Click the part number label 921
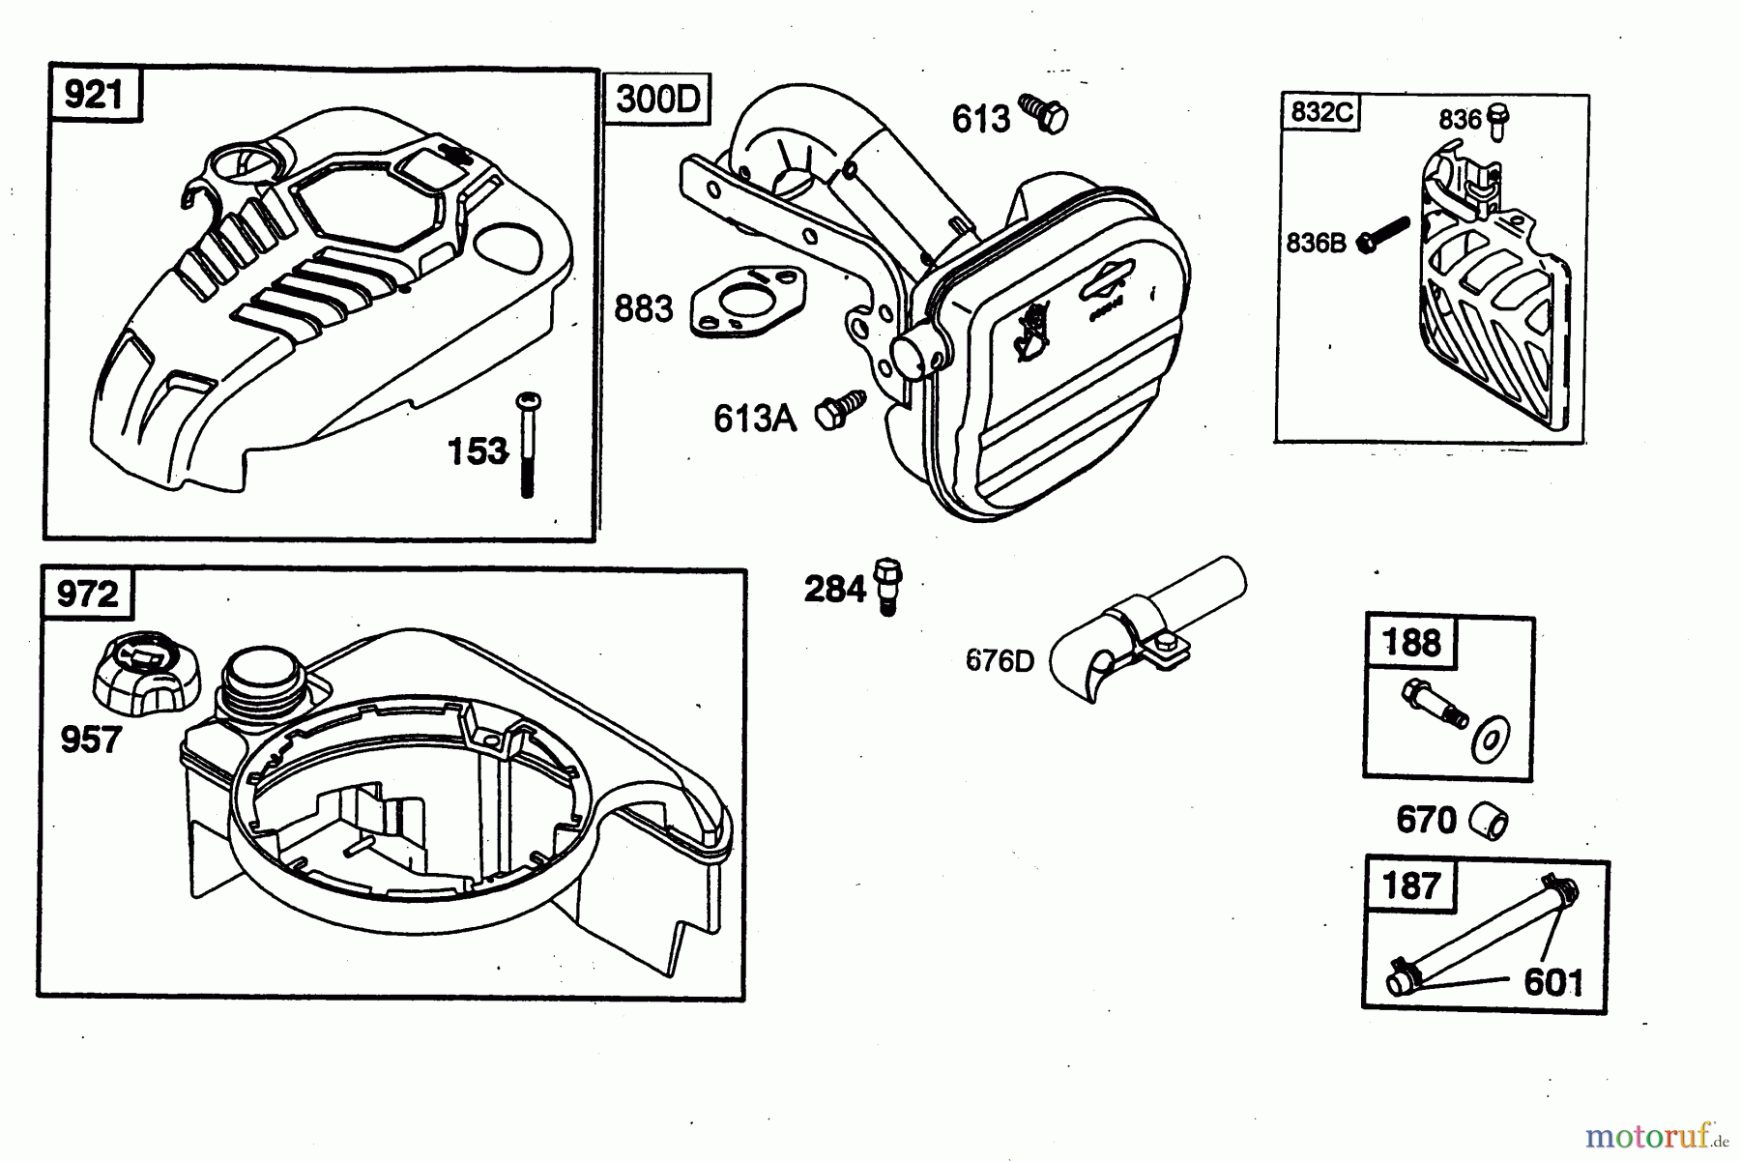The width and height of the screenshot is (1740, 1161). click(x=94, y=96)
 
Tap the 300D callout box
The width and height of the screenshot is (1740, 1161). click(x=657, y=99)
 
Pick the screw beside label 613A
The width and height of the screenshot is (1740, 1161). click(x=838, y=410)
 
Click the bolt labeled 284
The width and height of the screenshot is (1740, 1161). click(x=886, y=585)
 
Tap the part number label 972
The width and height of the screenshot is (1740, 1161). click(x=88, y=594)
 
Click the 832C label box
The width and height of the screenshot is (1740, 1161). click(x=1321, y=113)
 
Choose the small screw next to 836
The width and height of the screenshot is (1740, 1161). click(x=1498, y=121)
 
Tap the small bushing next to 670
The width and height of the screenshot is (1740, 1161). click(x=1489, y=821)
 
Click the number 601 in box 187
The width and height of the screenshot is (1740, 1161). click(x=1553, y=983)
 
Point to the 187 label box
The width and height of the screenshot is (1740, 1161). click(x=1412, y=885)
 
